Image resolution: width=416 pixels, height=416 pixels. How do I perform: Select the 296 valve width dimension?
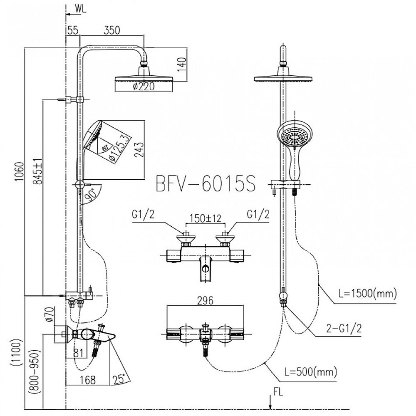click(x=205, y=300)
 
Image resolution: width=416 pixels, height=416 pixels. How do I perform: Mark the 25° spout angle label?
click(x=119, y=379)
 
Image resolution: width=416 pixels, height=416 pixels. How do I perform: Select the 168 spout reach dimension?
click(x=87, y=379)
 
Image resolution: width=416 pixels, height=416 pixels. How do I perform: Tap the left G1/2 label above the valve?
click(x=142, y=214)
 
